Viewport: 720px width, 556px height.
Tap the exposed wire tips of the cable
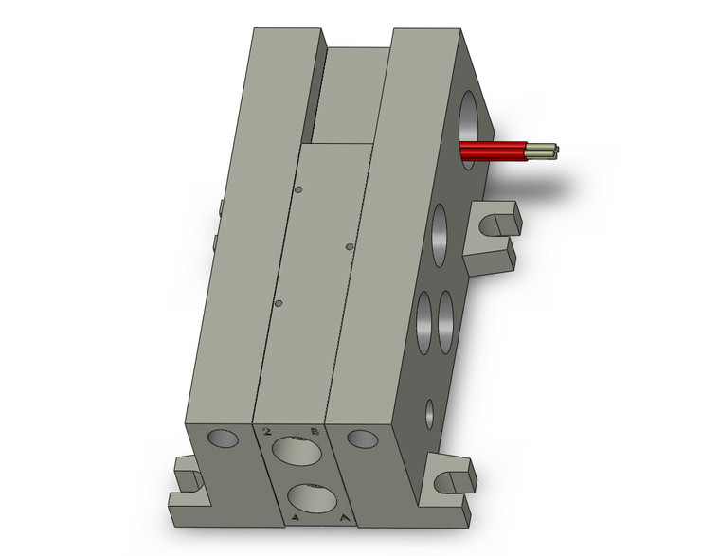(x=548, y=150)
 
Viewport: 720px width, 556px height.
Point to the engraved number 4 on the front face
(x=297, y=518)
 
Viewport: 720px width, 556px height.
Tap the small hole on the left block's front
(x=224, y=438)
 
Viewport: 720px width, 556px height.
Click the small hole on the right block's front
(x=360, y=439)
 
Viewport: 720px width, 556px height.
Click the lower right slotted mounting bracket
(x=447, y=480)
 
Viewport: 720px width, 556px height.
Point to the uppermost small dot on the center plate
(x=298, y=190)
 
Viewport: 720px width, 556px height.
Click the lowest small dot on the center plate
(x=279, y=303)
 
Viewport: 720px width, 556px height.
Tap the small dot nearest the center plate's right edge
(x=350, y=246)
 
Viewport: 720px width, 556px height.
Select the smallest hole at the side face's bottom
(x=429, y=413)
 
